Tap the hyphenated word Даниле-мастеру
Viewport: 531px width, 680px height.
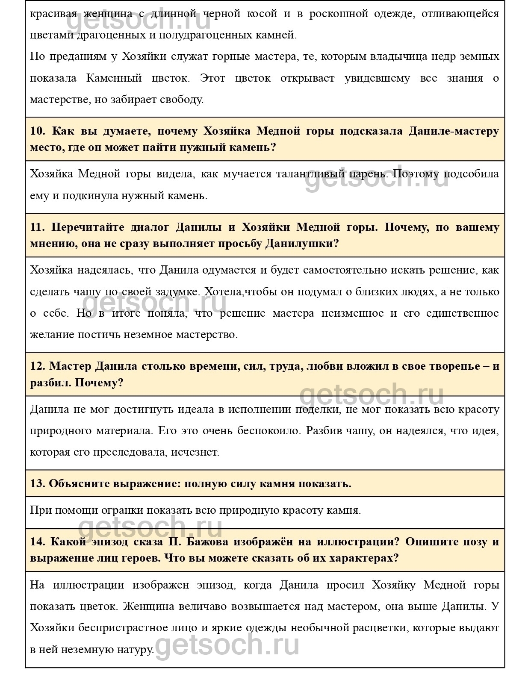tap(454, 131)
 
